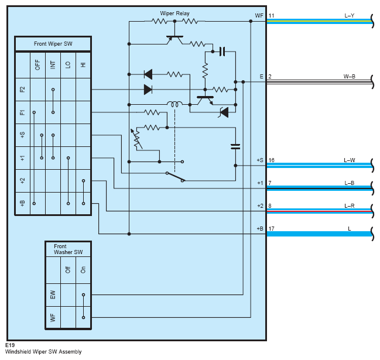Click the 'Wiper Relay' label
(x=174, y=13)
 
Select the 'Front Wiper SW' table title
(x=53, y=44)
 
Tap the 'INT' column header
(x=53, y=65)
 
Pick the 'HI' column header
(x=83, y=65)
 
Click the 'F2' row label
(x=22, y=90)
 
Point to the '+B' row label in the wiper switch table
(x=22, y=203)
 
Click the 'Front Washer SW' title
(x=68, y=249)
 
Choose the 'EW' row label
(x=53, y=294)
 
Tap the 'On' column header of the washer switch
(x=83, y=270)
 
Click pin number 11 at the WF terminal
(x=272, y=16)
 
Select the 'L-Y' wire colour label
(x=349, y=16)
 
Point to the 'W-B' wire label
(x=349, y=77)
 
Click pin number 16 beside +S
(x=272, y=160)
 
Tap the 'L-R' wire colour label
(x=349, y=206)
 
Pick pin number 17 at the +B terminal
(x=272, y=229)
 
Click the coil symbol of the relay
(x=174, y=104)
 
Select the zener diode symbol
(x=224, y=112)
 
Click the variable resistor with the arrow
(x=137, y=139)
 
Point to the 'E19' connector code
(x=10, y=345)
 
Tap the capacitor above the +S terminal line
(x=235, y=146)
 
